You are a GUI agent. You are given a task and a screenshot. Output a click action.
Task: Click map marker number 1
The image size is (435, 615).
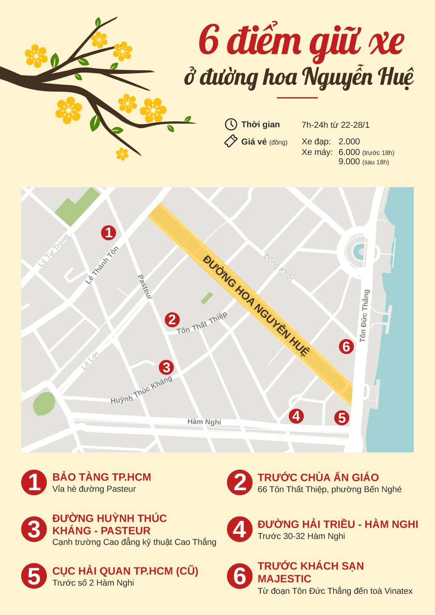pos(109,233)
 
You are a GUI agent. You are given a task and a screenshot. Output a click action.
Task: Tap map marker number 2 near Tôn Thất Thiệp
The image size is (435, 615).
pos(172,320)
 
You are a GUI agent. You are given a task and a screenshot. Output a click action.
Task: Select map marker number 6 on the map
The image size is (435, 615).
pos(346,347)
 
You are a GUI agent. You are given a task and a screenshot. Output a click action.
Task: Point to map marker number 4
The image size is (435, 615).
pos(296,416)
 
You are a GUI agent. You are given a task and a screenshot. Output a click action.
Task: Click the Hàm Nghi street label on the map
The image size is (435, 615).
pos(204,422)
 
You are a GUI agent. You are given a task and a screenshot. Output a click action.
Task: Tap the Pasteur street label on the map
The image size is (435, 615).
pos(145,287)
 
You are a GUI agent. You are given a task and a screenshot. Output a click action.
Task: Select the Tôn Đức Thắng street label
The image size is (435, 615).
pos(364,315)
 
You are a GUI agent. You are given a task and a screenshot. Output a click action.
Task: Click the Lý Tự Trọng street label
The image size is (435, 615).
pos(54,250)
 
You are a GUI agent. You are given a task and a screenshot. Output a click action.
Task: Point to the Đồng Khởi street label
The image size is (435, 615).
pos(278,267)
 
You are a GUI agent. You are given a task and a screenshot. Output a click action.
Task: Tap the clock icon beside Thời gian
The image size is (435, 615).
pos(231,124)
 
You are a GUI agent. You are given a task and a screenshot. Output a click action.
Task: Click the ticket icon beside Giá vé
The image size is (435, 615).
pos(231,141)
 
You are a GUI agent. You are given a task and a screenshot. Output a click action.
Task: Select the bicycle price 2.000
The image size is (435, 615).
pos(349,141)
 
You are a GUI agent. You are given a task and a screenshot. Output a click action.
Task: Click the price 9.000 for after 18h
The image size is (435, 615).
pos(349,162)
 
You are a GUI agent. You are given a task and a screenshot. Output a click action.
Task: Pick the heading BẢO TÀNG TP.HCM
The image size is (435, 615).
pos(102,477)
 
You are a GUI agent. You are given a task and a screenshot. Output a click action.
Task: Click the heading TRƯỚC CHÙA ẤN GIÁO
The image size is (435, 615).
pos(318,477)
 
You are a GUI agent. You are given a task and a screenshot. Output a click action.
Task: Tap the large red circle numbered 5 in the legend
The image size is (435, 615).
pos(34,576)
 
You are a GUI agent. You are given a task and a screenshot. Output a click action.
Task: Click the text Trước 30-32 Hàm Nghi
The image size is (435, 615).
pos(301,536)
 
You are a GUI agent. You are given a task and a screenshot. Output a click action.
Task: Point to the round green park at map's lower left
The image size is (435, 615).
pos(44,404)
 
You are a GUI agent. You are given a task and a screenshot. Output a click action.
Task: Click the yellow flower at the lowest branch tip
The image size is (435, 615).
pos(122,154)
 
